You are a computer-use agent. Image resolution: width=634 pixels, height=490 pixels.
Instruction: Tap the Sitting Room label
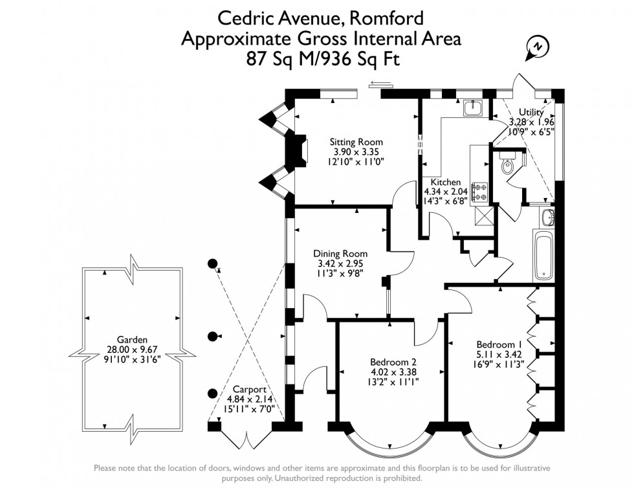pyautogui.click(x=356, y=142)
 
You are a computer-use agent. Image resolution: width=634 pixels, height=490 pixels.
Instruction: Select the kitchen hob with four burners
pyautogui.click(x=481, y=192)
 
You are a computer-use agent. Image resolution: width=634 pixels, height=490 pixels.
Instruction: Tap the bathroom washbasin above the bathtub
pyautogui.click(x=548, y=217)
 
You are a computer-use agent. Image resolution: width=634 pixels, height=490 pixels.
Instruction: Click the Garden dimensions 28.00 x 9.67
pyautogui.click(x=132, y=350)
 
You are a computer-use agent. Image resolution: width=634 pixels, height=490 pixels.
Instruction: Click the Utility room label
pyautogui.click(x=531, y=112)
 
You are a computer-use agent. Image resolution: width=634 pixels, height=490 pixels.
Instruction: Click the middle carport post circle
pyautogui.click(x=213, y=336)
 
